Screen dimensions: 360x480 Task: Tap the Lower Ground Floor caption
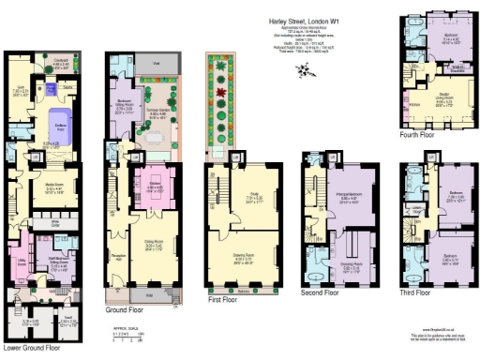pos(33,348)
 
